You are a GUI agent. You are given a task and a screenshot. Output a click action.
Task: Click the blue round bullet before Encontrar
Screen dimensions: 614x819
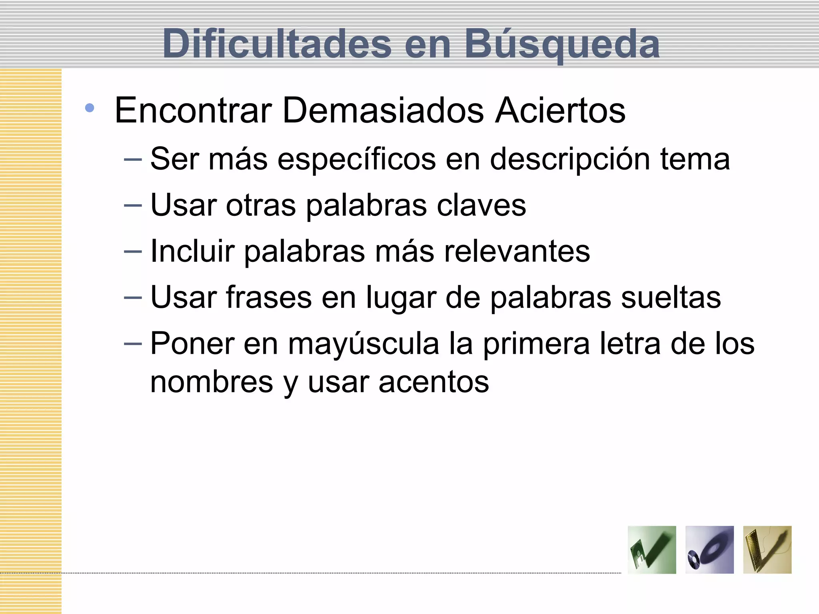[90, 108]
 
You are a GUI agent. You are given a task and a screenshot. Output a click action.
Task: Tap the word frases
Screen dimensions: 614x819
[269, 297]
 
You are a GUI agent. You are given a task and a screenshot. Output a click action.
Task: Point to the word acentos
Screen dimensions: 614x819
[433, 382]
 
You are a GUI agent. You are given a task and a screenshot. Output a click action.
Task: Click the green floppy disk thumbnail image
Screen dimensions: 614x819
[652, 550]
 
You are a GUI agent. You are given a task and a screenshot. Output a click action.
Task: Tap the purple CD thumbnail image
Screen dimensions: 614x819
[709, 550]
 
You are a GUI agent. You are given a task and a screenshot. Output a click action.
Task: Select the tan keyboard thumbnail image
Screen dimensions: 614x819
[767, 550]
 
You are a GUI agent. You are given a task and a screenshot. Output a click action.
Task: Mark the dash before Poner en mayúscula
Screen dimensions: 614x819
[133, 344]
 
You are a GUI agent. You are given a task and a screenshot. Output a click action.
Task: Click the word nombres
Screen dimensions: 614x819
[212, 382]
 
